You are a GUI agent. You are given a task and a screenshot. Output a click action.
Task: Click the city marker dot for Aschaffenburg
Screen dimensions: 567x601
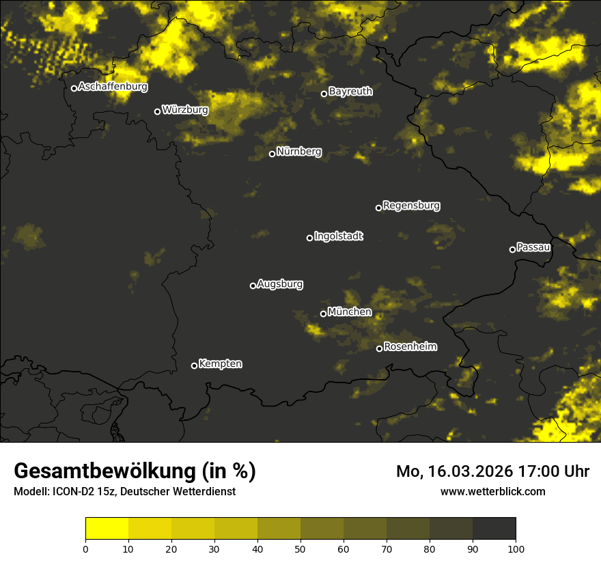(x=74, y=88)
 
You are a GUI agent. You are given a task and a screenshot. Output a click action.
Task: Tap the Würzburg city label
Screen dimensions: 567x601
(x=185, y=109)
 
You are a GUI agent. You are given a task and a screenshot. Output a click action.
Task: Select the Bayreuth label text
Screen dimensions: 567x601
(x=350, y=92)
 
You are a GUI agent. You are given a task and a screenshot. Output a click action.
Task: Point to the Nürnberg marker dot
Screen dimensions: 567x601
(x=272, y=154)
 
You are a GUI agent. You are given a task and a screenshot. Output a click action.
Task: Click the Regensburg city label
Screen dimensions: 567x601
(x=411, y=205)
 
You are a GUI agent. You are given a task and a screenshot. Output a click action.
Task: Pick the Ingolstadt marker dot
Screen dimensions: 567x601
(x=309, y=238)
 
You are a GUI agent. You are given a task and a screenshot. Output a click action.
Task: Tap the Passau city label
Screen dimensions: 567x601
(x=533, y=247)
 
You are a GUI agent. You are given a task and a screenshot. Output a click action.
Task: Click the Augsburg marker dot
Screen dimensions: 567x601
(x=253, y=286)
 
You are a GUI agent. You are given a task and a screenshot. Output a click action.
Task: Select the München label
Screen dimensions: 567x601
(x=350, y=312)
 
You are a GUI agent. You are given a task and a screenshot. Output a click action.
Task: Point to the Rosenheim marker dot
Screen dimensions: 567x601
(x=379, y=348)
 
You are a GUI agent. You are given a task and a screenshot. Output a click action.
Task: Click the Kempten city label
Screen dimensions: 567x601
(x=220, y=363)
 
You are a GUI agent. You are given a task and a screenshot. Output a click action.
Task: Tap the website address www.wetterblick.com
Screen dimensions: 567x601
(x=492, y=491)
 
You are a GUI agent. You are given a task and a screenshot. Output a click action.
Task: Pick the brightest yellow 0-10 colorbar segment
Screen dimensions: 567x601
(x=107, y=529)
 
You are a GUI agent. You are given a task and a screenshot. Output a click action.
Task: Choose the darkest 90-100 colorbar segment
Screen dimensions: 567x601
(x=494, y=529)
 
